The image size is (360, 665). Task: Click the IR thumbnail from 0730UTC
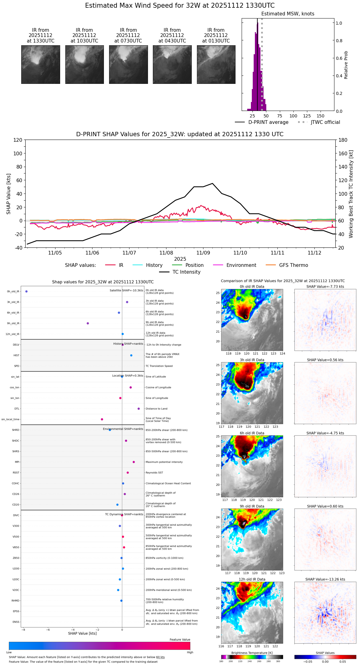click(x=128, y=64)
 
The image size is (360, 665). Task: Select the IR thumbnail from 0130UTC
click(x=216, y=64)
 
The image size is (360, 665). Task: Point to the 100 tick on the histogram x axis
click(x=293, y=116)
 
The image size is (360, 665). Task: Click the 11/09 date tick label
click(x=203, y=253)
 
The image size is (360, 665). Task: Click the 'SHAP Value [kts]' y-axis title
click(x=9, y=194)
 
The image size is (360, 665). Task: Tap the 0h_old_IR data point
click(x=27, y=292)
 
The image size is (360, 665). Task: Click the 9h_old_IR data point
click(x=88, y=323)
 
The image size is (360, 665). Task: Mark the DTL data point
click(x=139, y=409)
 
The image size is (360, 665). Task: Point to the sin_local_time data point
click(x=102, y=419)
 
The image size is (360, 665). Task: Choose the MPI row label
click(x=17, y=462)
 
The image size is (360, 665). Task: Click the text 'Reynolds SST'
click(x=154, y=473)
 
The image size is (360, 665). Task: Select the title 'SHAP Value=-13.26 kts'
click(x=325, y=579)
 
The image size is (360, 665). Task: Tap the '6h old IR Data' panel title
click(x=252, y=433)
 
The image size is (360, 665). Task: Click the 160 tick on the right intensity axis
click(x=343, y=153)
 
